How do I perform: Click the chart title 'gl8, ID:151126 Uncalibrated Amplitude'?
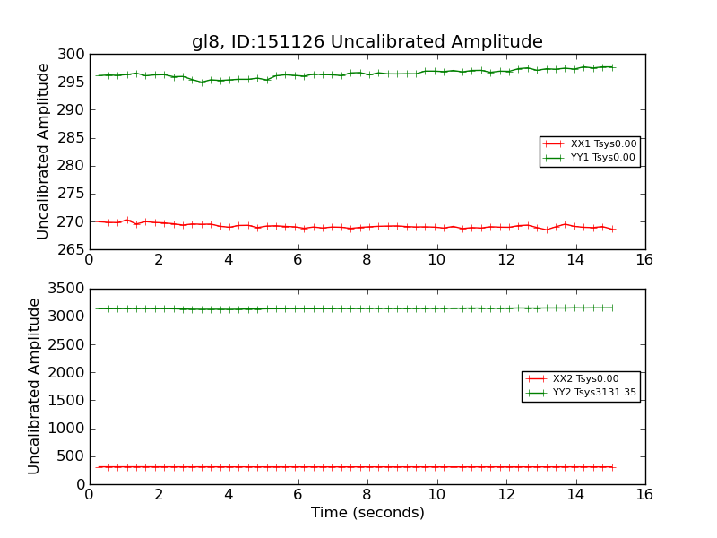[367, 42]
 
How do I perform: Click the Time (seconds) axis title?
[367, 513]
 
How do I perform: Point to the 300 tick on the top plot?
[71, 55]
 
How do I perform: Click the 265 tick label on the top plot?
[71, 249]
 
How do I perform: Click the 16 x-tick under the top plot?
[644, 260]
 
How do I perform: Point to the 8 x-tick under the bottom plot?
[367, 495]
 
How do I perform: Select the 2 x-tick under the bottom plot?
[159, 495]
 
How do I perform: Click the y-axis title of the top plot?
[43, 152]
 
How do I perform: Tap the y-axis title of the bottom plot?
[34, 386]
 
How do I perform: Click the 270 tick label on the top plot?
[71, 221]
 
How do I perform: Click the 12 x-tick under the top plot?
[505, 260]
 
